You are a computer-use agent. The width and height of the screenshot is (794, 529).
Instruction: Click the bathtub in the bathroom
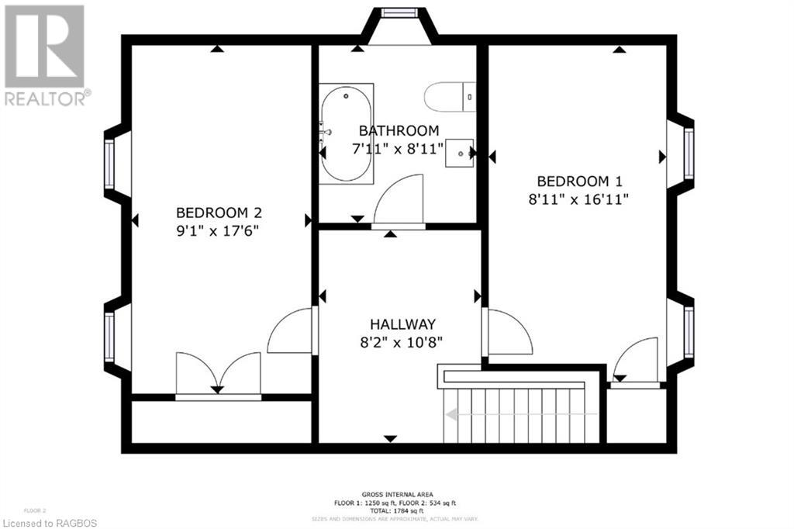(347, 134)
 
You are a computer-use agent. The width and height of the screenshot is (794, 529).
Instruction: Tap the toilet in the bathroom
(449, 97)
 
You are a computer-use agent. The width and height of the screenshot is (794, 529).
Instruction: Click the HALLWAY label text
(402, 324)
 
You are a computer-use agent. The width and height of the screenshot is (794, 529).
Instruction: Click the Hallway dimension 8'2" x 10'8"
(401, 341)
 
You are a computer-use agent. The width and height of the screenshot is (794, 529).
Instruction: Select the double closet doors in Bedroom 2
(218, 374)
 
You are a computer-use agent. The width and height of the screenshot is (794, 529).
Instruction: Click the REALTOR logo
(45, 55)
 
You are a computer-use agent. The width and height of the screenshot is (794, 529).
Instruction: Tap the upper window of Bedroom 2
(109, 164)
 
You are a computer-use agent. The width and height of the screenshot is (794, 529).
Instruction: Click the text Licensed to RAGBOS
(49, 522)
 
